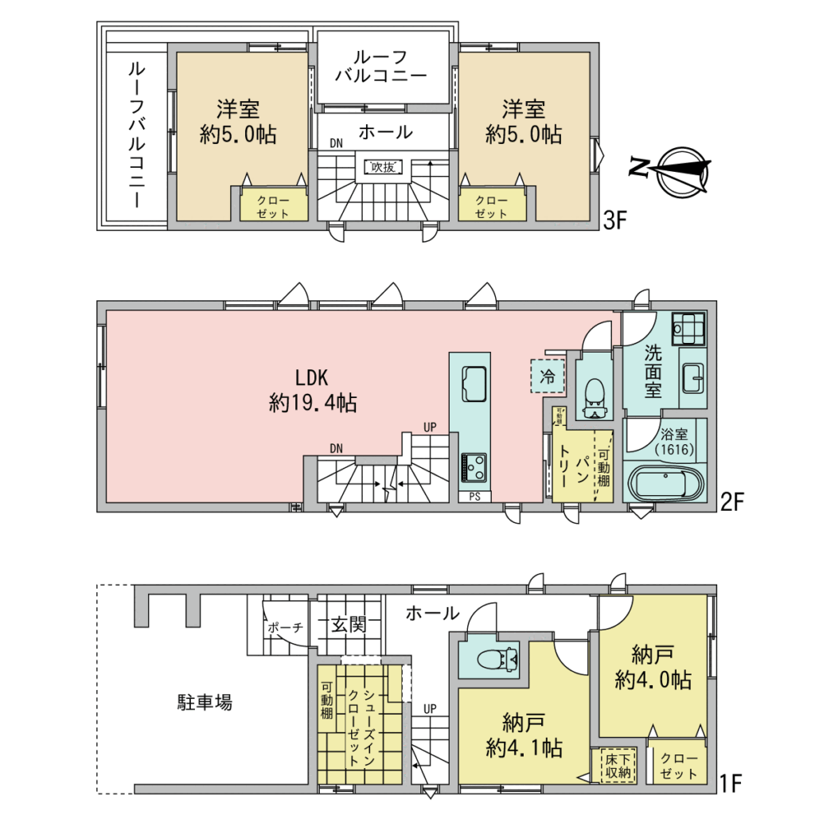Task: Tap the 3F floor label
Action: point(615,221)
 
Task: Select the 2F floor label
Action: point(732,502)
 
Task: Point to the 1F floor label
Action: point(730,784)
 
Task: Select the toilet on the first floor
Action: point(497,660)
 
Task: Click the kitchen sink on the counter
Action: point(474,384)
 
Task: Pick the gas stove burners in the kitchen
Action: point(474,467)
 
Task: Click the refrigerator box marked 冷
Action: point(548,376)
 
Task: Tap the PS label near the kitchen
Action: point(474,497)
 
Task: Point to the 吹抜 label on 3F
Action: point(384,167)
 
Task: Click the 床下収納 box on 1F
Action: point(618,766)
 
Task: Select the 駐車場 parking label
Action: point(205,703)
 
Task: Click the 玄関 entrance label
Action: point(349,624)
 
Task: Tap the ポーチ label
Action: point(286,628)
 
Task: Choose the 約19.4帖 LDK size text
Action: point(313,403)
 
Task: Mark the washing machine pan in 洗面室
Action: point(688,329)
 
